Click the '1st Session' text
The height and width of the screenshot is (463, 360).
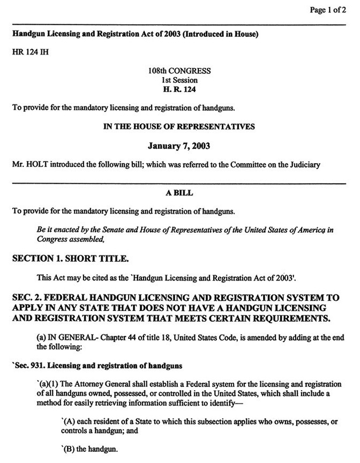(x=179, y=80)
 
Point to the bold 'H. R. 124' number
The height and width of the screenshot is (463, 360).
(x=179, y=88)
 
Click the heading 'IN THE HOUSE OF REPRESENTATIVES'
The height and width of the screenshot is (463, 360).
(x=179, y=127)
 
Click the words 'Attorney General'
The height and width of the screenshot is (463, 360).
(x=94, y=385)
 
